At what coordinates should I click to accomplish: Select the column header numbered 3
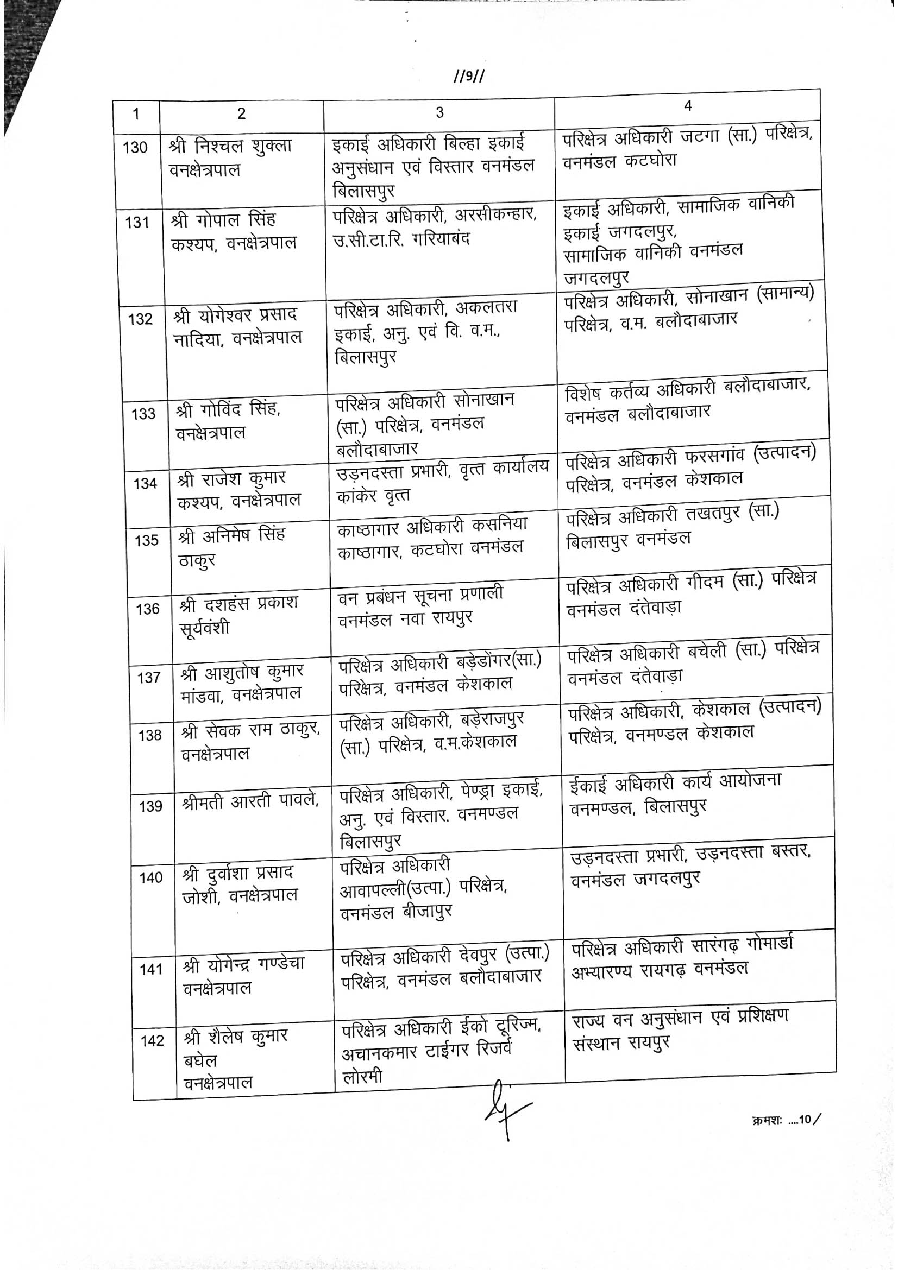point(439,113)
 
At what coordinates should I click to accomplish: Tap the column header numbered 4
point(688,106)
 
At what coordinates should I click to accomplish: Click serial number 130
point(135,148)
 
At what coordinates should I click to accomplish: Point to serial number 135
point(146,540)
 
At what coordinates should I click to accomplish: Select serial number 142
point(152,1041)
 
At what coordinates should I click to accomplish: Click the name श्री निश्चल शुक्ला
point(231,147)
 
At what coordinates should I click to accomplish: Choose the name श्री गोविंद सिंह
point(229,410)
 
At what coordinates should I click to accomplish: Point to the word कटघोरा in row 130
point(651,161)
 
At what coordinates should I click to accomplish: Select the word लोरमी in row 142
point(362,1076)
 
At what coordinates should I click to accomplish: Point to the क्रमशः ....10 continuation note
point(786,1120)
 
